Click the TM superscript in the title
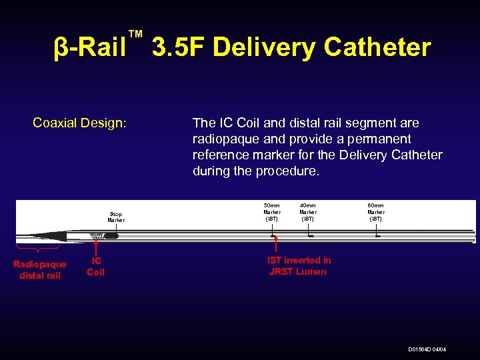(135, 34)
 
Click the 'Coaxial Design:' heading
(80, 123)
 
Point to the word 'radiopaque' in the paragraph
(223, 139)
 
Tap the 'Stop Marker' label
(116, 217)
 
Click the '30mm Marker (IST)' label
(272, 211)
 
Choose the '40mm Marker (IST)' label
(308, 211)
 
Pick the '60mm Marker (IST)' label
(376, 211)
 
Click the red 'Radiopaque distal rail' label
(40, 270)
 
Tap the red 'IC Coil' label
(96, 267)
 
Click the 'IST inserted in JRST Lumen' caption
(299, 265)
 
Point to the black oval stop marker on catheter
(111, 235)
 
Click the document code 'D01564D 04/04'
(427, 350)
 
